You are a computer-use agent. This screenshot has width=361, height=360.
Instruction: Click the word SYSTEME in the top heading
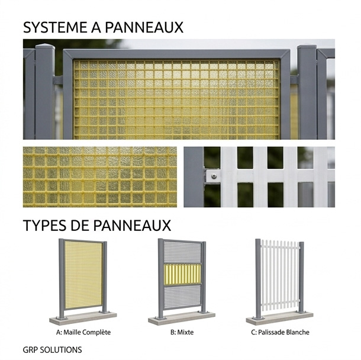click(x=56, y=27)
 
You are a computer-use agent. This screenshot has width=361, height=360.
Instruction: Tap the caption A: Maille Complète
click(x=83, y=332)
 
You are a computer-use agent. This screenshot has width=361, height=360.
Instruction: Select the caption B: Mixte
click(x=182, y=332)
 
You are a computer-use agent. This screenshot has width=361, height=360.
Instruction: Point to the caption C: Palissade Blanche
click(x=280, y=332)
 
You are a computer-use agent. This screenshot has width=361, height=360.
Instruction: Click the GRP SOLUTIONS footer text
click(x=52, y=349)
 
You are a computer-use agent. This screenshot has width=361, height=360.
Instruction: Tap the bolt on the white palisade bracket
click(x=214, y=176)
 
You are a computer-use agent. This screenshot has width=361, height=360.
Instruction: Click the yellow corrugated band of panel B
click(x=182, y=275)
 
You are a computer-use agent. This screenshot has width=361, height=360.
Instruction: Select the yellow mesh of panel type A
click(x=83, y=275)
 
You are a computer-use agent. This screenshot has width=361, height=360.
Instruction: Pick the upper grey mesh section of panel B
click(x=182, y=252)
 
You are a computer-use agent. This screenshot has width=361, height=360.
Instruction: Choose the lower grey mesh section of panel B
click(x=182, y=297)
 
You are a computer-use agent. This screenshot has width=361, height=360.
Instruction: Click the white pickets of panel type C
click(x=280, y=275)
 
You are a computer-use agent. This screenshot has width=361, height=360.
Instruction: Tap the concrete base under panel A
click(x=83, y=319)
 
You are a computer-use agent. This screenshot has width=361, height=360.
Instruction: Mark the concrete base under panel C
click(x=280, y=318)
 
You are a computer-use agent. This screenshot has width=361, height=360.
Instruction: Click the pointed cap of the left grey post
click(x=45, y=46)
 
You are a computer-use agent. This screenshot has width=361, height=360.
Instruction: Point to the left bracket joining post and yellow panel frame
click(x=58, y=80)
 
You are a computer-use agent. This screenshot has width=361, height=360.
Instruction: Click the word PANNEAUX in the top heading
click(x=144, y=27)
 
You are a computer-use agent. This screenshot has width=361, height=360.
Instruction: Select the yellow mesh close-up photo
click(x=100, y=177)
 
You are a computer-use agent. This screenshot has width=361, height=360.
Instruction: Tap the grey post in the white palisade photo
click(x=194, y=177)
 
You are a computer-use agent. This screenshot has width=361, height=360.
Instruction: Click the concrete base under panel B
click(x=182, y=319)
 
